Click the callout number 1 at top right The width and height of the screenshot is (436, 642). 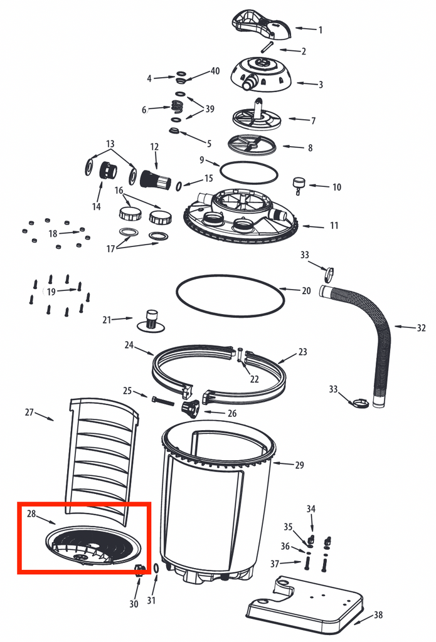pos(320,29)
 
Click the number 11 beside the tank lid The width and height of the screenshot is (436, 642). pos(333,226)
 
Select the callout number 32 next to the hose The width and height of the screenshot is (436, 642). pos(420,327)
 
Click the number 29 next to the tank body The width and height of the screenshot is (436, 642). pos(299,465)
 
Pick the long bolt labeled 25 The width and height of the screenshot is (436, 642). pos(161,399)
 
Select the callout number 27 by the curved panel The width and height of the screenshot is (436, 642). pos(29,412)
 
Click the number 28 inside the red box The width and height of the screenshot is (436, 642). pos(31,514)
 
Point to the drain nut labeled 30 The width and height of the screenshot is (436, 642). pos(139,569)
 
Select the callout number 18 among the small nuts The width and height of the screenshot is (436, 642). pos(53,233)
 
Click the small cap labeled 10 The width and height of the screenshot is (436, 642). pos(298,184)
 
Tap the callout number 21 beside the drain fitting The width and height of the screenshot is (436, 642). pos(107,320)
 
